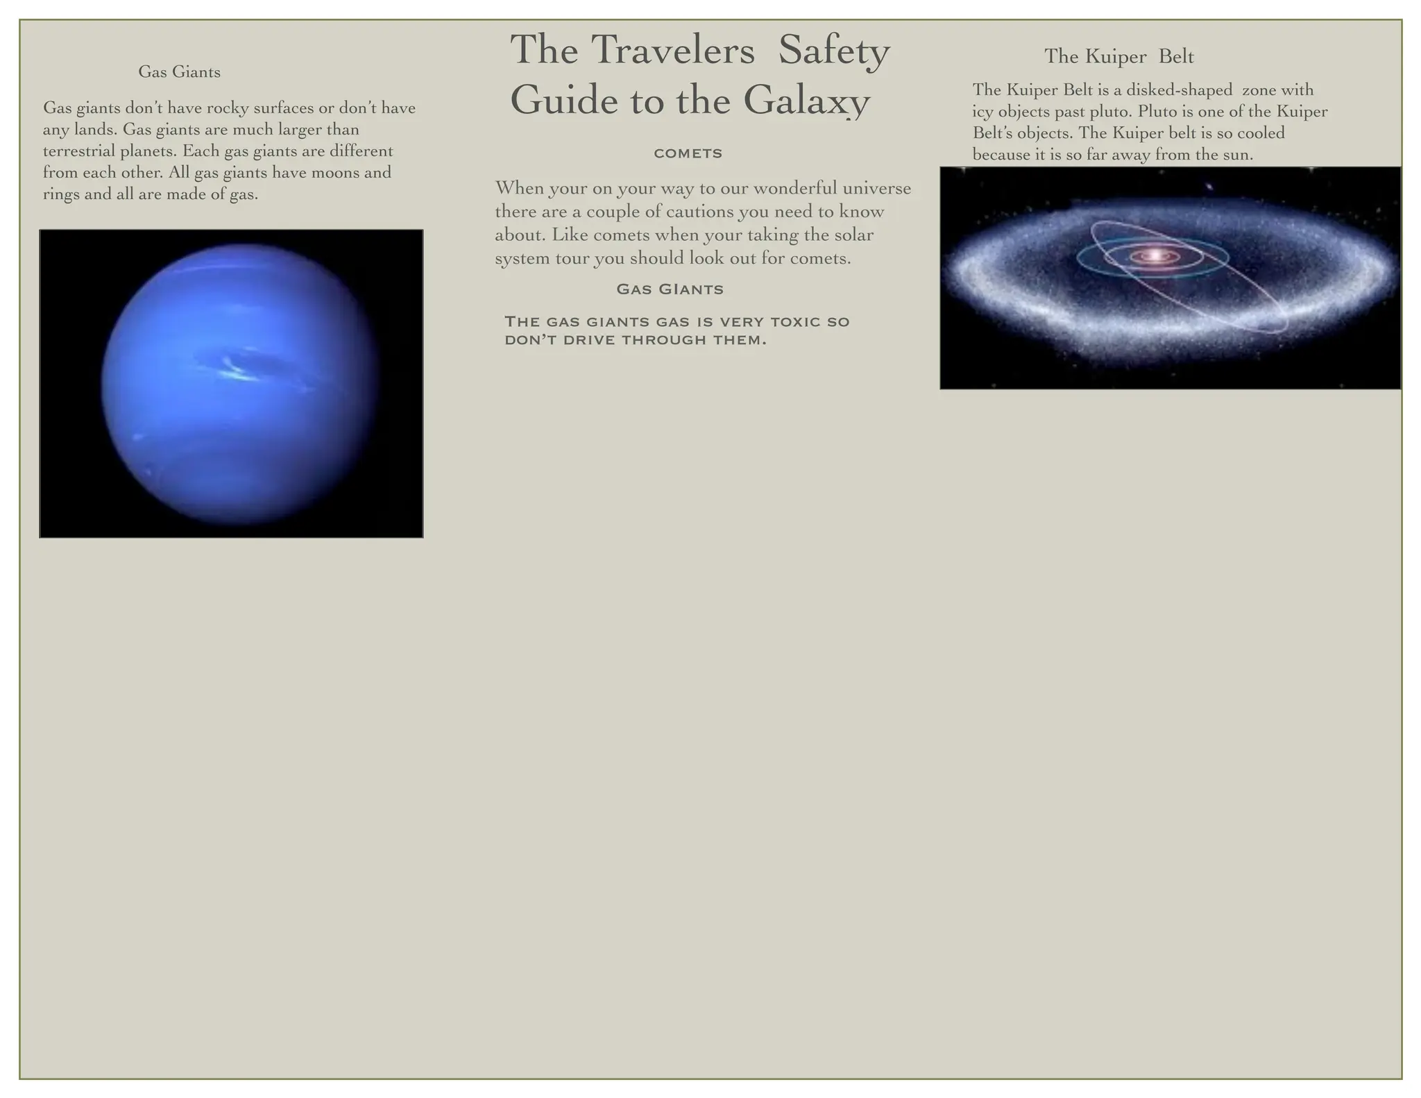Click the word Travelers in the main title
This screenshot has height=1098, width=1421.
point(673,50)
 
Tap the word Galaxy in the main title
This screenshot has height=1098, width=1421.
point(806,100)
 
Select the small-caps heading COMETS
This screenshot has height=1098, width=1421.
point(688,153)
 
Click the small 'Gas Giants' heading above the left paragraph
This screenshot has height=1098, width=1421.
point(179,71)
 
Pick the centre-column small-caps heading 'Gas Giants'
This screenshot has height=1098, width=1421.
point(670,289)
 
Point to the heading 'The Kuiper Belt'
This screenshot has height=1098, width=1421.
point(1118,56)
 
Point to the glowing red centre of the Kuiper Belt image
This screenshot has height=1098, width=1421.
point(1153,256)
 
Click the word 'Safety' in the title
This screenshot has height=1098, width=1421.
point(833,50)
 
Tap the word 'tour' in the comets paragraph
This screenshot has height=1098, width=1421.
point(572,259)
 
